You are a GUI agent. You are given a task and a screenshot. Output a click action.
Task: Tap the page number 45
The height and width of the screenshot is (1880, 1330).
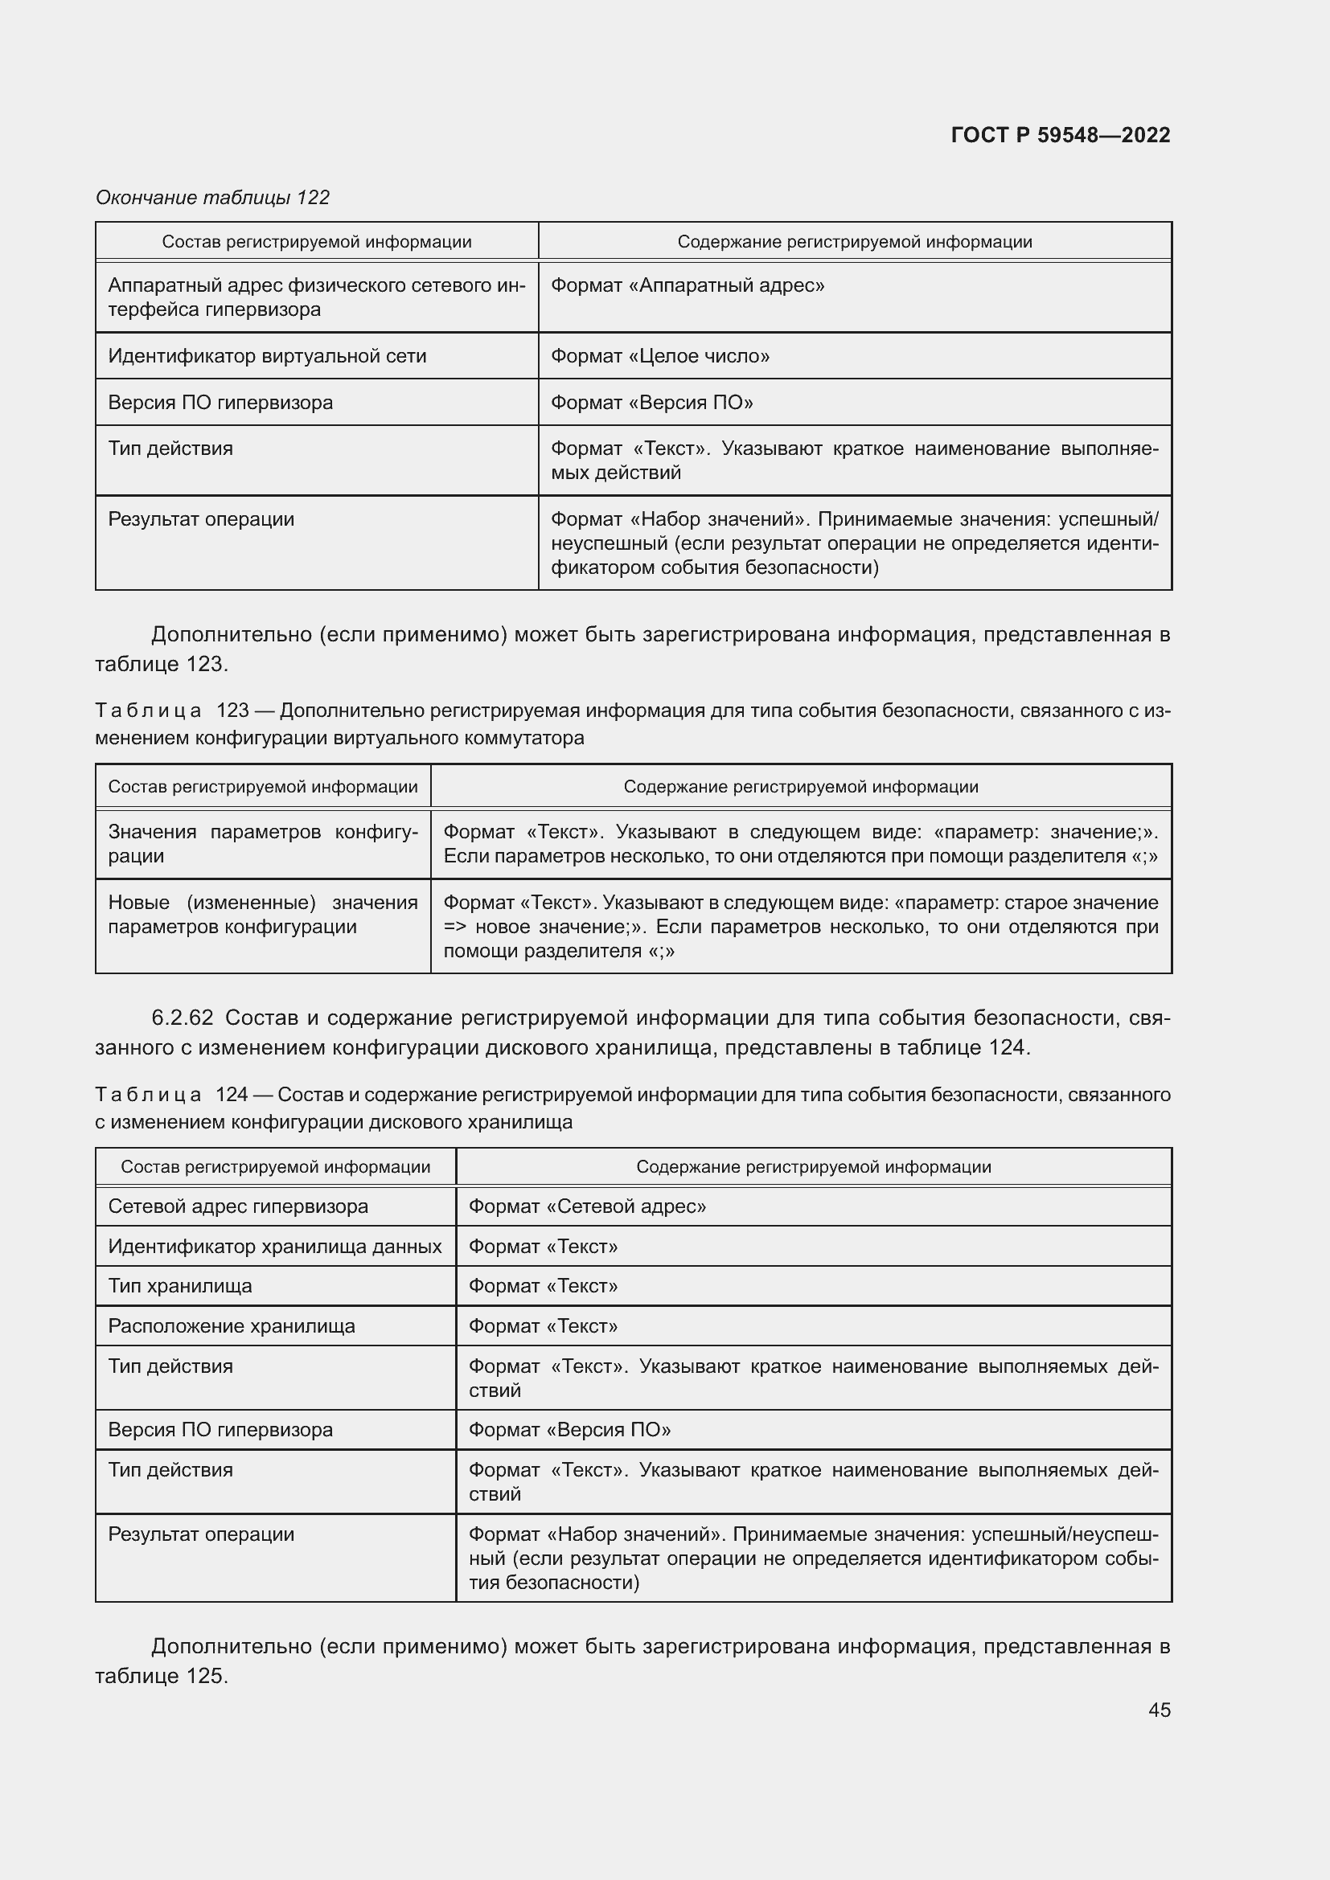coord(1159,1710)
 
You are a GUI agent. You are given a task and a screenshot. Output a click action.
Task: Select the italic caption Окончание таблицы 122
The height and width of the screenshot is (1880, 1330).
coord(212,198)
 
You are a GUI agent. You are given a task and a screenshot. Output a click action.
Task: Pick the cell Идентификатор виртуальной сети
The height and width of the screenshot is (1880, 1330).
coord(267,356)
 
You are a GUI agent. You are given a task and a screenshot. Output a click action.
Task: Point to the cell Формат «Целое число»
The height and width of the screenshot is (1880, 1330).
coord(660,356)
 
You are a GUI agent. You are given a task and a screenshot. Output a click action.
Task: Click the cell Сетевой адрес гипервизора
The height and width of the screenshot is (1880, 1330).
coord(238,1206)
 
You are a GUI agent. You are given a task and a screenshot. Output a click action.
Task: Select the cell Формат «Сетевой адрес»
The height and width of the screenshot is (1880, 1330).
coord(587,1206)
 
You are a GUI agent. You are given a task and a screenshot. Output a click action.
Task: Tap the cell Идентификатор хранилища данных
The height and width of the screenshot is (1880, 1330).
coord(274,1247)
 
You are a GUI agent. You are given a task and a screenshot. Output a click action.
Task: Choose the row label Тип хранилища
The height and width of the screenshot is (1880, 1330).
coord(180,1285)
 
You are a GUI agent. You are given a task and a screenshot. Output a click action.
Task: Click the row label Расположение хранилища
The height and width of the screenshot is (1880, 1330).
coord(232,1325)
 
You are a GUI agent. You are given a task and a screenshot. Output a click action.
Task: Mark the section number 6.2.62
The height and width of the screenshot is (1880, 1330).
coord(183,1018)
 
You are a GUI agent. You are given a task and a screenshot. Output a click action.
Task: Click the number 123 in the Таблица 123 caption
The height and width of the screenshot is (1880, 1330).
coord(232,711)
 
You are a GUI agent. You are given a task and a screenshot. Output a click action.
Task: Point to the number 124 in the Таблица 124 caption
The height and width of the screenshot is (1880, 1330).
coord(232,1095)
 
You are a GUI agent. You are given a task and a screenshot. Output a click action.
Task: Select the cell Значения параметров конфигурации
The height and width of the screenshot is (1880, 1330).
coord(262,843)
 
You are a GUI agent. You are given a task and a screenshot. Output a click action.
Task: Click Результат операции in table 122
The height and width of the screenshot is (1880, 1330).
coord(202,519)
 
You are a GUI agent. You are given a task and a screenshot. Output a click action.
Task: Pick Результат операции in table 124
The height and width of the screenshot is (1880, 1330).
coord(202,1534)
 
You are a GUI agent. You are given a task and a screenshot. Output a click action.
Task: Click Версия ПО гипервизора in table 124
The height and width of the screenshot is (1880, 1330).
coord(220,1430)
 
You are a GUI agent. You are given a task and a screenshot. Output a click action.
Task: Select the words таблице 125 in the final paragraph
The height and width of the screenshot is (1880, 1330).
coord(160,1676)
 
